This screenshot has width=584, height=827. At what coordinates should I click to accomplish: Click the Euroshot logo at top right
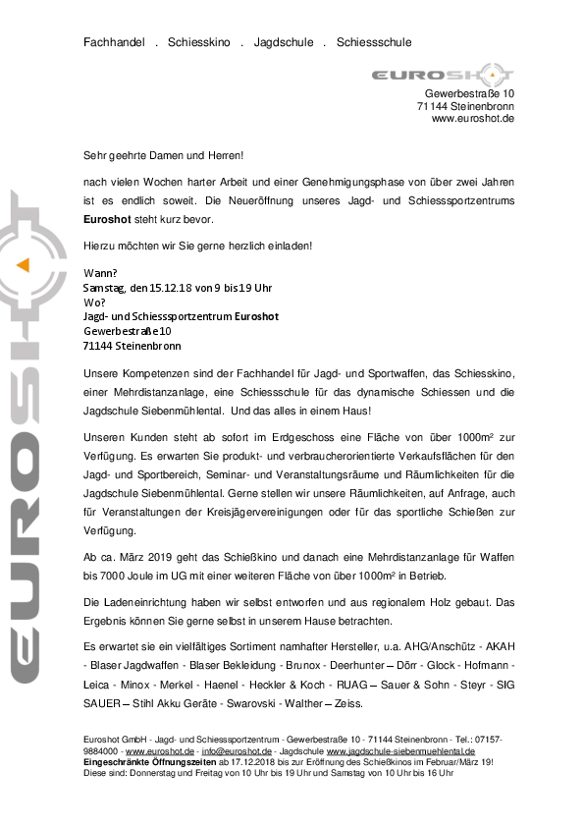click(443, 75)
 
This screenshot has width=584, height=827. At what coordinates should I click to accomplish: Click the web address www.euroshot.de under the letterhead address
click(472, 118)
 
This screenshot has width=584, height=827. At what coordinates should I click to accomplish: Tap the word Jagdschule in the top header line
click(284, 43)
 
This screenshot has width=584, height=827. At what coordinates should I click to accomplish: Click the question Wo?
click(95, 302)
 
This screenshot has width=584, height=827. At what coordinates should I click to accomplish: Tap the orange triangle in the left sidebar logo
click(23, 263)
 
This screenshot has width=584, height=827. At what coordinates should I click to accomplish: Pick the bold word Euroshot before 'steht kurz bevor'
click(108, 220)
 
